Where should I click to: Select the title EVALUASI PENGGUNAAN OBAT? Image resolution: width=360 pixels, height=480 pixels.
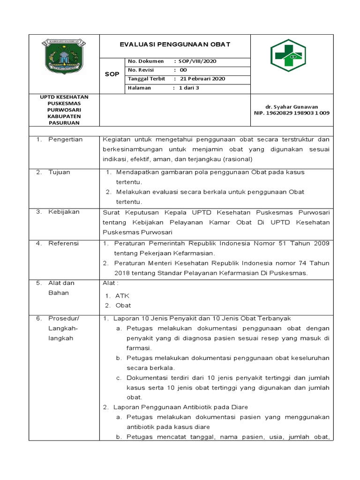pyautogui.click(x=175, y=45)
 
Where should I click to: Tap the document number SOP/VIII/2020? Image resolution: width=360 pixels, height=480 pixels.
pyautogui.click(x=196, y=61)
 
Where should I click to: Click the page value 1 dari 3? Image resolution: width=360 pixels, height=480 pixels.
pyautogui.click(x=189, y=88)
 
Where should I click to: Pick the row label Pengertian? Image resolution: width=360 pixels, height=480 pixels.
pyautogui.click(x=65, y=139)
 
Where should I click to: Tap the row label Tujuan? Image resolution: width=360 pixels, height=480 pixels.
pyautogui.click(x=59, y=172)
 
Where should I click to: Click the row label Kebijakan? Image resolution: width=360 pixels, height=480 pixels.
pyautogui.click(x=64, y=211)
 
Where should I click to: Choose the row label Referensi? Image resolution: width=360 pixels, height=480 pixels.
pyautogui.click(x=63, y=243)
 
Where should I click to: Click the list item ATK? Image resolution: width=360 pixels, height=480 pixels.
pyautogui.click(x=122, y=296)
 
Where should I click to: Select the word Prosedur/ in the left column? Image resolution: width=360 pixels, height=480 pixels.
pyautogui.click(x=64, y=318)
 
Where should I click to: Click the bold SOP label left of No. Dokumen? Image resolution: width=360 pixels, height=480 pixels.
pyautogui.click(x=112, y=75)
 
